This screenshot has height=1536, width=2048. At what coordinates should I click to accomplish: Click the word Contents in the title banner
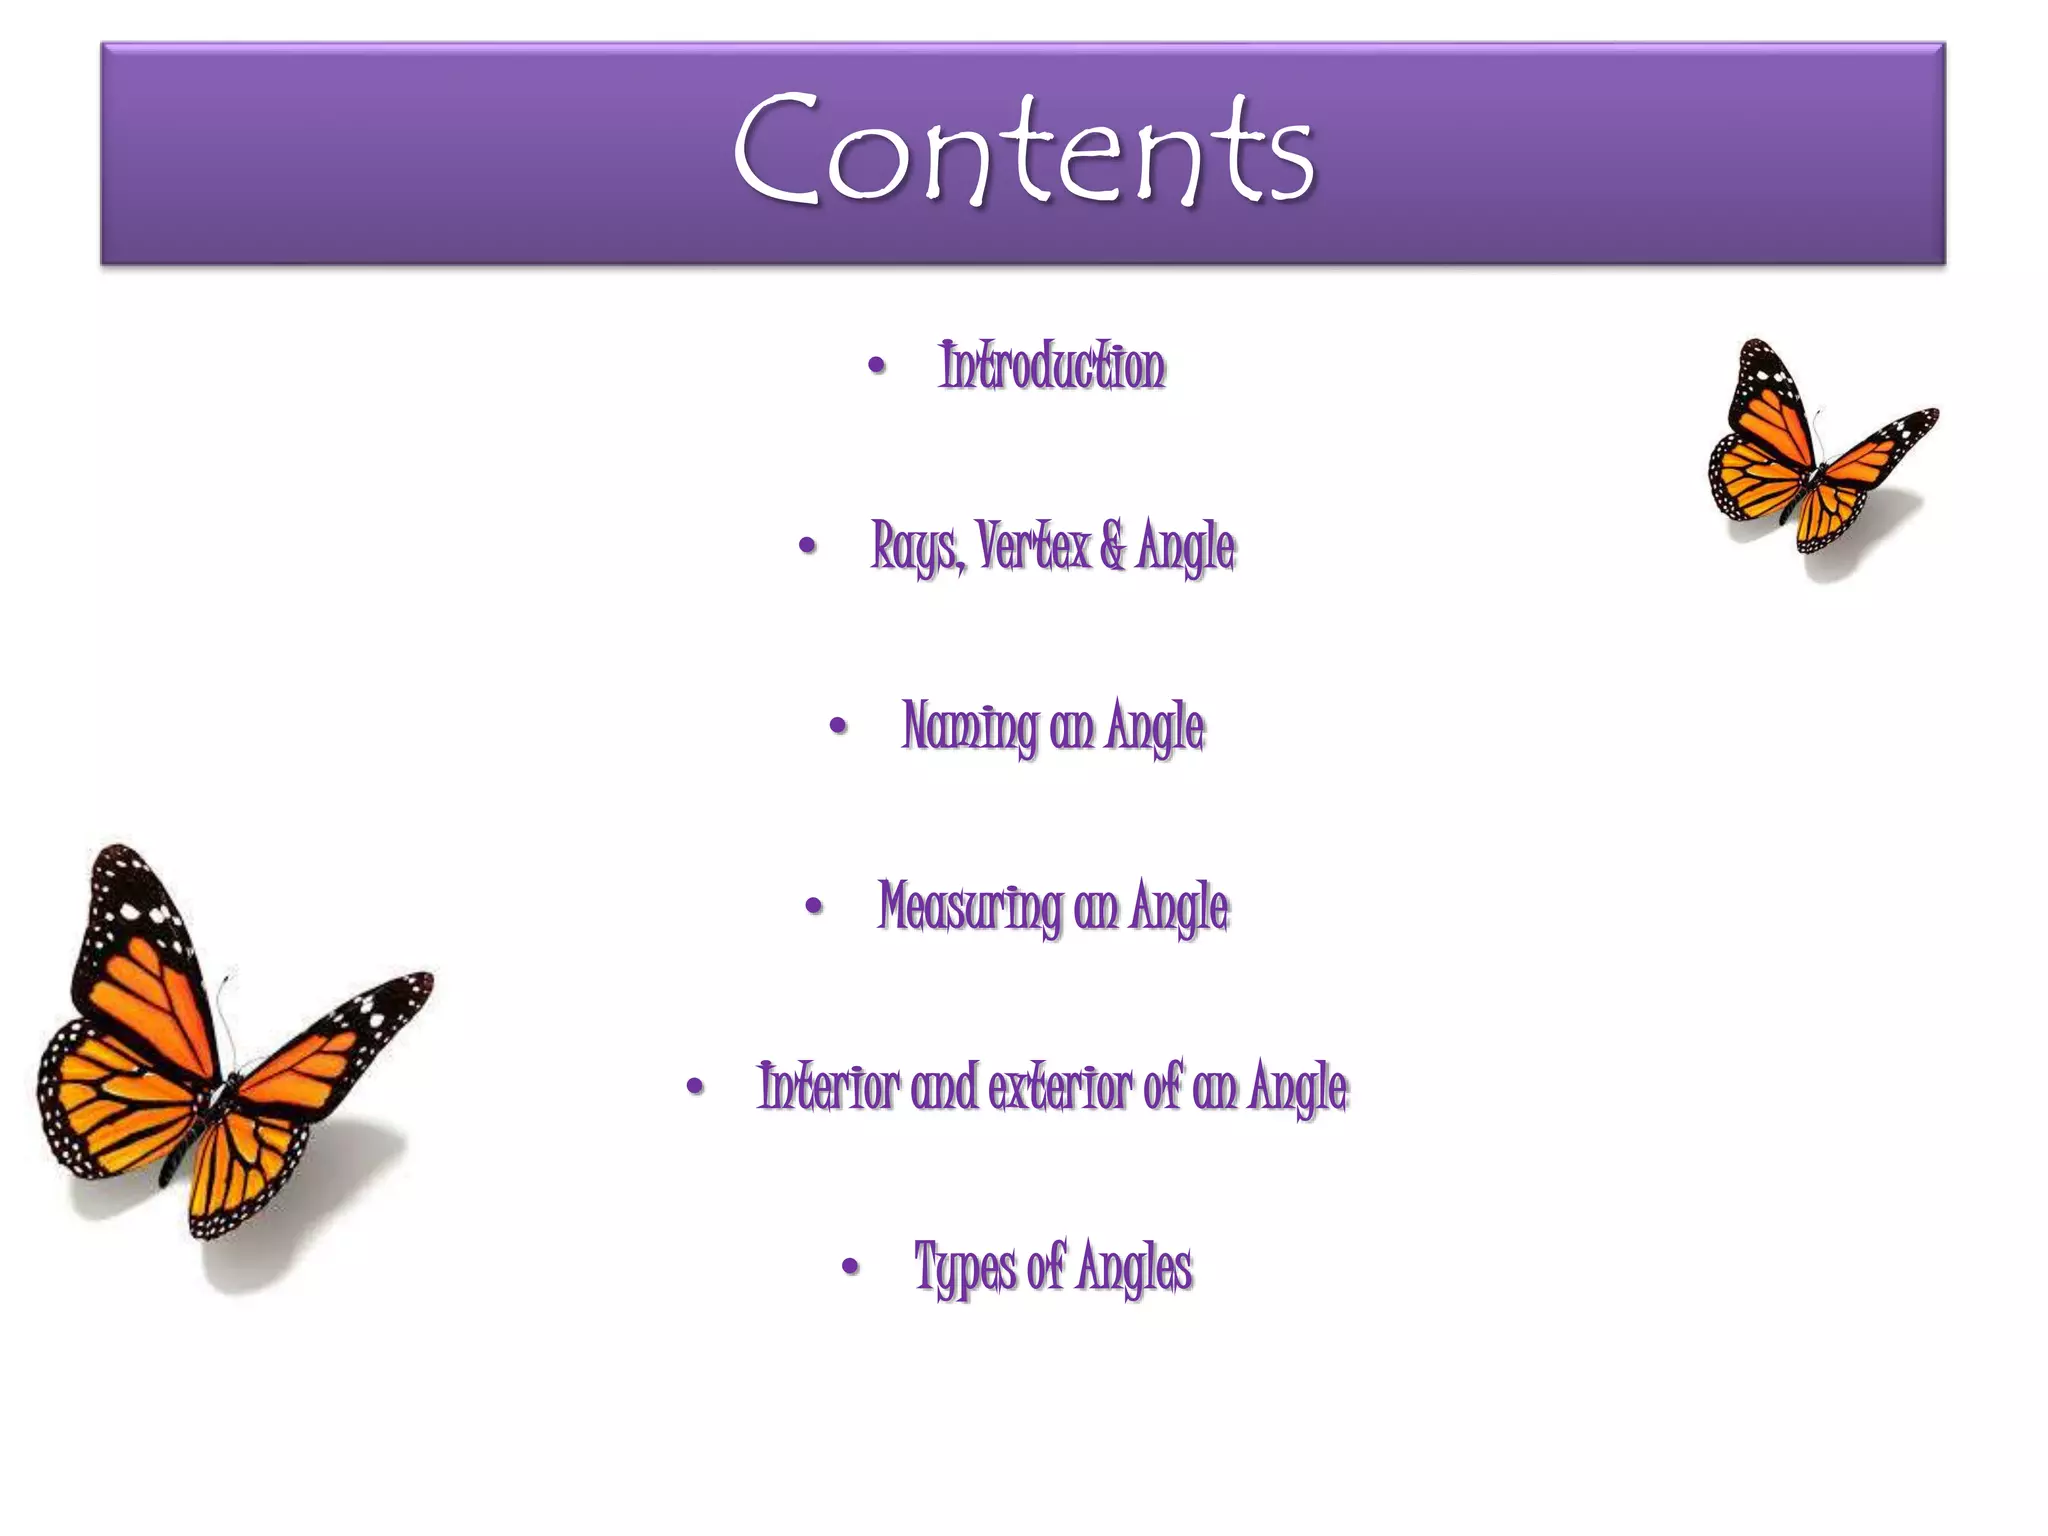coord(1023,150)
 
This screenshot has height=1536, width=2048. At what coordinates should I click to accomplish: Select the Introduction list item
coord(1052,366)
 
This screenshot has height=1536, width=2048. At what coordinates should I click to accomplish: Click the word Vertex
coord(1033,547)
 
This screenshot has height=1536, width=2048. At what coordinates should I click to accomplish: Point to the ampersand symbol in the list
coord(1112,547)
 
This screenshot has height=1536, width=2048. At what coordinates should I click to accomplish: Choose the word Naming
coord(969,727)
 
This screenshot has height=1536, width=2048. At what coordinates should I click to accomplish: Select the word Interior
coord(828,1087)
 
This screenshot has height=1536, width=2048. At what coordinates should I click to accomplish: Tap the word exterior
coord(1060,1087)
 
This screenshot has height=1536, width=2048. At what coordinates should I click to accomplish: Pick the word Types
coord(965,1267)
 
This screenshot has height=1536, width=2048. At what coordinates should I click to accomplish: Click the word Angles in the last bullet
coord(1135,1267)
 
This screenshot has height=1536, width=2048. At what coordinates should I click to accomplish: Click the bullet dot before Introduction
coord(877,366)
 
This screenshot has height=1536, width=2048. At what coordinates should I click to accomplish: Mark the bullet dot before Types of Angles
coord(851,1268)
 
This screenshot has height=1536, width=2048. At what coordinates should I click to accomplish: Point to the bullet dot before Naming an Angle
coord(839,727)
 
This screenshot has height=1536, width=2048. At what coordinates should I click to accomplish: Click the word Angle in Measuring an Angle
coord(1179,907)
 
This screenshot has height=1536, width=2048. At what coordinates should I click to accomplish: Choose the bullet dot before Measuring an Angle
coord(814,907)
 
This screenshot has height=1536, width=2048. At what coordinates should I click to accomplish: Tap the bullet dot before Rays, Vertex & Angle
coord(808,547)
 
